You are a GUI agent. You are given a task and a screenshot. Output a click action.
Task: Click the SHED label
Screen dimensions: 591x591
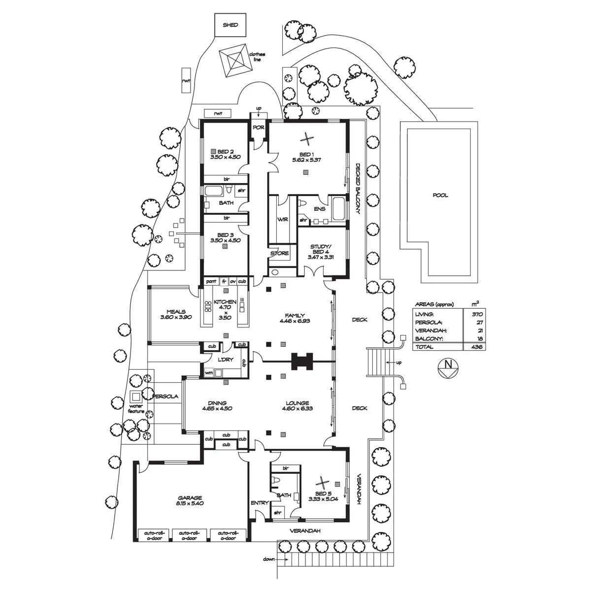point(230,25)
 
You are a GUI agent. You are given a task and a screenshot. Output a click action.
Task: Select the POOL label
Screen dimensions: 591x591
point(440,195)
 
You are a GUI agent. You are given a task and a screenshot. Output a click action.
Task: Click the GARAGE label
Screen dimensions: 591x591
point(190,498)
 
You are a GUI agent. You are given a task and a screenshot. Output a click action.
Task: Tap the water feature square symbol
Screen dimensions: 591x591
point(136,396)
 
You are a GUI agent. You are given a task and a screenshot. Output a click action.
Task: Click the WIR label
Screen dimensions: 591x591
point(282,219)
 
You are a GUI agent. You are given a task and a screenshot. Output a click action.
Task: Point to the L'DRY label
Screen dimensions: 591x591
point(225,360)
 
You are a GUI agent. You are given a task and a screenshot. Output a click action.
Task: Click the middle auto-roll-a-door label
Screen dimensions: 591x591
point(190,535)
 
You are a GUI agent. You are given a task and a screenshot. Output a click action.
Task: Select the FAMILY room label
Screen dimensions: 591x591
point(295,316)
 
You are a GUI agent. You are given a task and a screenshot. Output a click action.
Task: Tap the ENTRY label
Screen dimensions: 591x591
point(259,503)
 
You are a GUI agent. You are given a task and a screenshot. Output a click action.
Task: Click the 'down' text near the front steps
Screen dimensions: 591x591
point(268,559)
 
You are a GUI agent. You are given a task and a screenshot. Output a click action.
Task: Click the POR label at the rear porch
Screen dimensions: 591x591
point(259,127)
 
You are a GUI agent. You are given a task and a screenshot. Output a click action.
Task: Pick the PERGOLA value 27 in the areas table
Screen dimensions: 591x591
point(477,322)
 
